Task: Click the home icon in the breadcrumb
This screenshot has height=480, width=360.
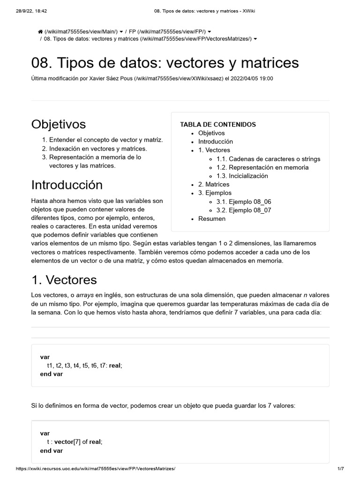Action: coord(40,31)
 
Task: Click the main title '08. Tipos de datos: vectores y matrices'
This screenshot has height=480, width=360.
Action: coord(165,63)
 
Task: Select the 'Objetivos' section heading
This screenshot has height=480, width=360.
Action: coord(59,124)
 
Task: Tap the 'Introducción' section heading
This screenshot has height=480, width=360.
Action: coord(67,185)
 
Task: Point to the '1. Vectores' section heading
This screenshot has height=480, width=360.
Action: coord(64,280)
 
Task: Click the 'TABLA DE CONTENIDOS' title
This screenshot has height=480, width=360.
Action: coord(218,124)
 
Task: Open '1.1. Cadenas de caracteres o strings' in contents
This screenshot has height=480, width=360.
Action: coord(268,159)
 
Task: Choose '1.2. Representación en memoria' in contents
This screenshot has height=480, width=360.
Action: coord(262,167)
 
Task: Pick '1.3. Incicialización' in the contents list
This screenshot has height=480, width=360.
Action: coord(242,176)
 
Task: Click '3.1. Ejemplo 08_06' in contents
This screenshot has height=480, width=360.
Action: coord(243,202)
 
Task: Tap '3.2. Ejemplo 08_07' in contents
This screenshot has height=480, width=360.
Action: coord(243,210)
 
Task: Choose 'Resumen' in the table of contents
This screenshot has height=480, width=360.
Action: coord(211,218)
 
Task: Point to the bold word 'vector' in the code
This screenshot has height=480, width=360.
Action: coord(63,442)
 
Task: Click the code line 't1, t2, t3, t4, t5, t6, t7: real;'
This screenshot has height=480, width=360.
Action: coord(84,366)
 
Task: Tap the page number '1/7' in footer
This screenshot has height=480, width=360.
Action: coord(340,469)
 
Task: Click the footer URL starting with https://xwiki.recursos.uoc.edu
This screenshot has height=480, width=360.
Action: coord(96,469)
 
